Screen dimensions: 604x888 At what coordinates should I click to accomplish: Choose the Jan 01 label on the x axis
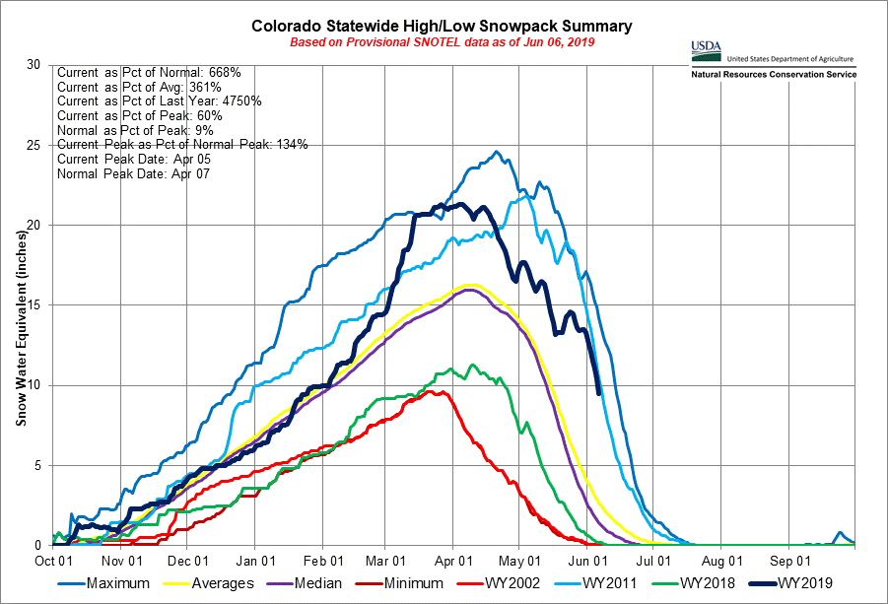(254, 558)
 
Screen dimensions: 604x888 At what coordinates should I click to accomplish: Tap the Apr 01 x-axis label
(452, 558)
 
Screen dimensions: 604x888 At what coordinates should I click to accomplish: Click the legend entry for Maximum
(118, 583)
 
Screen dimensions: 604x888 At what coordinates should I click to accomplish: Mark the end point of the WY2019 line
(599, 393)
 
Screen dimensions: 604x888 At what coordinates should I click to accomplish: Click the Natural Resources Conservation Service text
(774, 75)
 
